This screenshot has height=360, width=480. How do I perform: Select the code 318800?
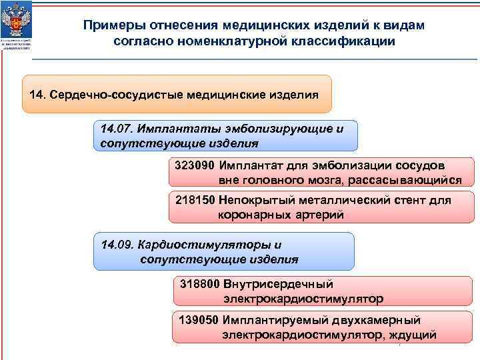click(199, 284)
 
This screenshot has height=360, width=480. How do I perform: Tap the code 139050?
click(198, 320)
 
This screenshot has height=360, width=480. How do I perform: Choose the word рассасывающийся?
click(409, 180)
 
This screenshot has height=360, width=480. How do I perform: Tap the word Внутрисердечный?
click(279, 284)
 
